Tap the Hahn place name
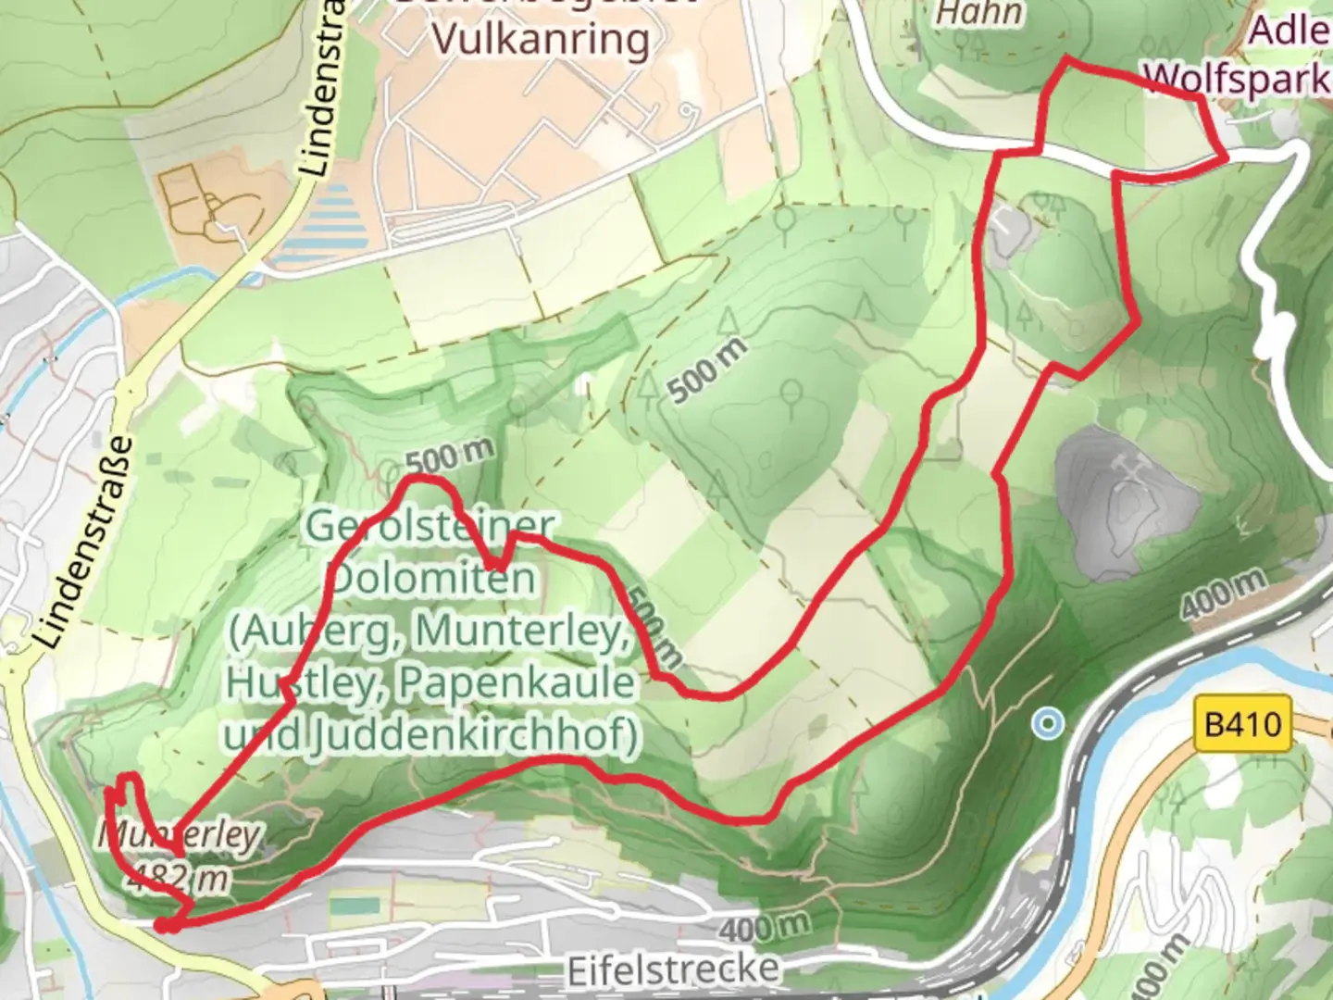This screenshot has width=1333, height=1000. click(979, 13)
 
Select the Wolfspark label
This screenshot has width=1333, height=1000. click(1237, 80)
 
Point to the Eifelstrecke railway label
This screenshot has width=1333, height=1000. click(672, 970)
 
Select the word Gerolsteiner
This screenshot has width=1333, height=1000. click(430, 526)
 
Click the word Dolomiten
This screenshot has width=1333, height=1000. click(432, 579)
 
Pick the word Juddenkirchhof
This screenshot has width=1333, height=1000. click(472, 735)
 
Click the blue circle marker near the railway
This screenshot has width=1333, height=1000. click(1048, 722)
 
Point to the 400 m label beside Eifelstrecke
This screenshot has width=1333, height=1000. click(764, 926)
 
